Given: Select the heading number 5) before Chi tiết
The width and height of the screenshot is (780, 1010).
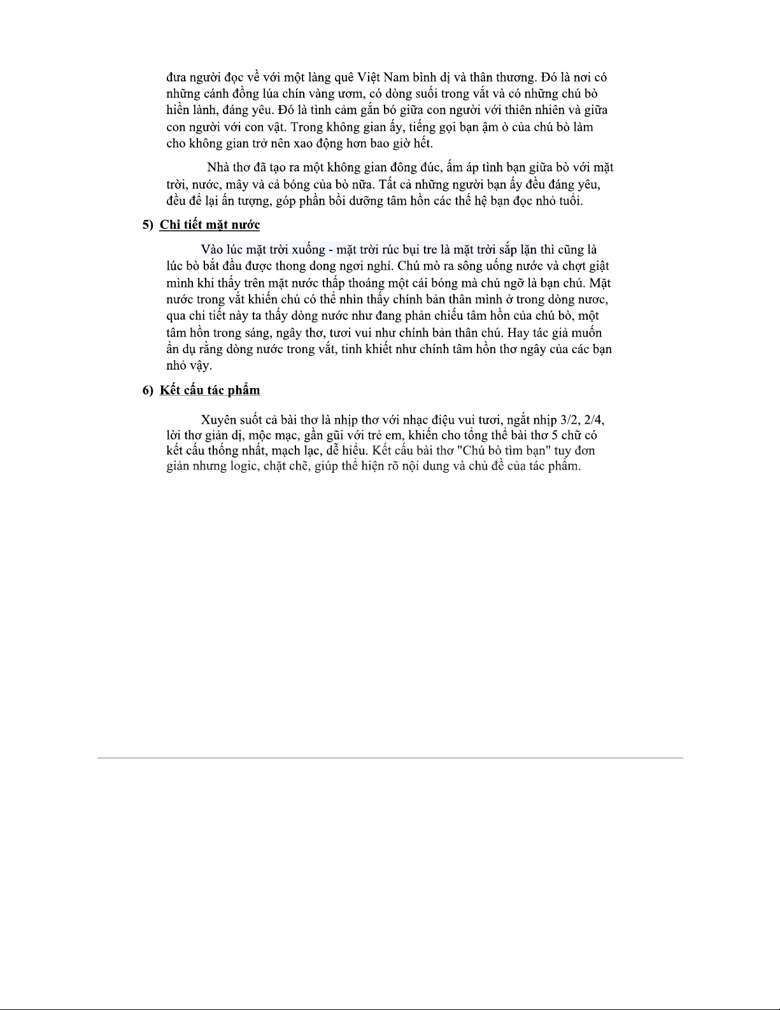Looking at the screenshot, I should point(148,225).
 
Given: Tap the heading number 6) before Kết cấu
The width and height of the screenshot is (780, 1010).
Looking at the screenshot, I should point(148,390).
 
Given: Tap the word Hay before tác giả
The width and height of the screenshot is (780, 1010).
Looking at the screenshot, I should point(517,332).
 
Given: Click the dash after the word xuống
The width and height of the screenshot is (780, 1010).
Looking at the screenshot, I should point(331,249).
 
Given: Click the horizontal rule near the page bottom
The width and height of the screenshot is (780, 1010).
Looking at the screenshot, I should point(390,758).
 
